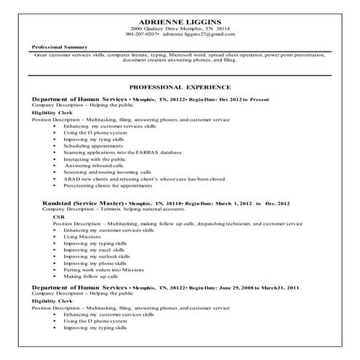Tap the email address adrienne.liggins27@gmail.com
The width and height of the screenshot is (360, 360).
199,34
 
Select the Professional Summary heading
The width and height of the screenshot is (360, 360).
60,47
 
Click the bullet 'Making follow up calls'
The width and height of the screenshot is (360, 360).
91,276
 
